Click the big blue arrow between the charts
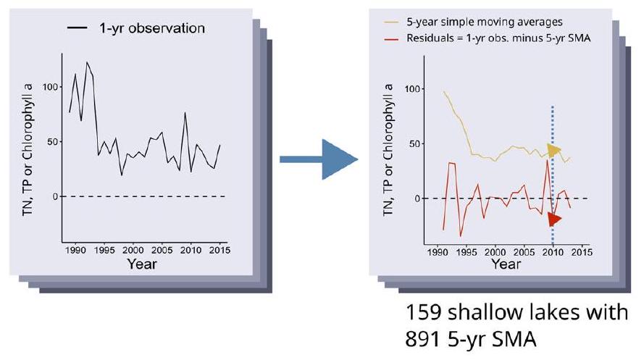click(319, 158)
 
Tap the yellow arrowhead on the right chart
click(554, 151)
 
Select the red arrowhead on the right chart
click(554, 219)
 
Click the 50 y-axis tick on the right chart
click(413, 143)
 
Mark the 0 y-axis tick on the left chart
click(51, 196)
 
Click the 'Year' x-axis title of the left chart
click(141, 264)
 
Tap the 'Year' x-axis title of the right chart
click(505, 264)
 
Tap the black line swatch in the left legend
click(78, 28)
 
